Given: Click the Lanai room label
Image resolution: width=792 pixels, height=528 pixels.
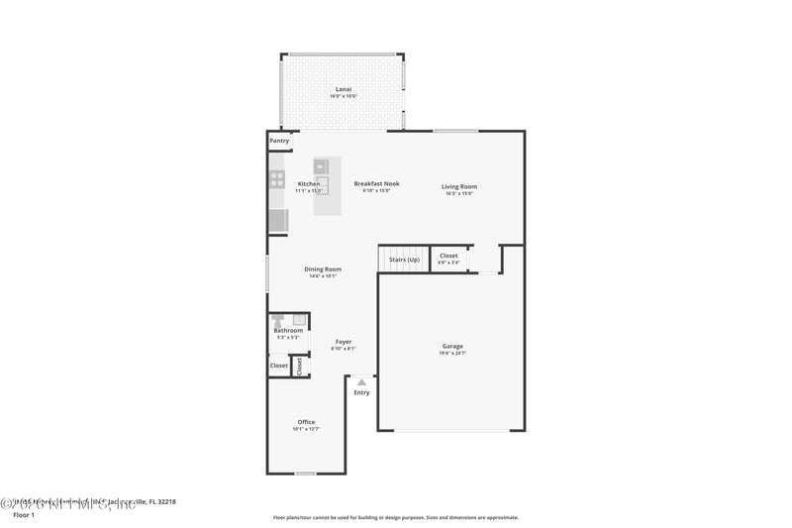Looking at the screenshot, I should tap(344, 90).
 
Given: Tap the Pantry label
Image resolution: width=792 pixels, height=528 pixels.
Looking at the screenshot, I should tap(279, 141).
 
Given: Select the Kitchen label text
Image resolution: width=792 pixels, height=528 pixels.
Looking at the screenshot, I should tap(309, 183).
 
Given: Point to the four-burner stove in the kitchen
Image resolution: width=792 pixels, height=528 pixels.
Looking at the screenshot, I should tap(277, 179).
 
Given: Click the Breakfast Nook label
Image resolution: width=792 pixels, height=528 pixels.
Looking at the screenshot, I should tap(376, 183).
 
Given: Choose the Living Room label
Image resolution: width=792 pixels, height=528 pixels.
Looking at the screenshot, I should tap(459, 186).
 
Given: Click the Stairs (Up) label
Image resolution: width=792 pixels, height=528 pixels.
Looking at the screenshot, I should tap(404, 260).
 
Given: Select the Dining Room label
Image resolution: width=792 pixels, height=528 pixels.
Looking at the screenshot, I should tap(322, 269).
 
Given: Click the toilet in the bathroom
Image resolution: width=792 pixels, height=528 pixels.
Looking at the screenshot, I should tap(277, 320).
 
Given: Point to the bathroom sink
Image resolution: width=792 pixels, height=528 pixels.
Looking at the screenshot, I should tap(299, 319).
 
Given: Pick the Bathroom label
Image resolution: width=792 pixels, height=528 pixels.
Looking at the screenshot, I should tap(288, 331).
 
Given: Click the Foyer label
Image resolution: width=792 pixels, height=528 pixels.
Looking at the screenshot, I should tap(343, 342).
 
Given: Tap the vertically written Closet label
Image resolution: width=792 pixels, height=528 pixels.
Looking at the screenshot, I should tap(299, 366).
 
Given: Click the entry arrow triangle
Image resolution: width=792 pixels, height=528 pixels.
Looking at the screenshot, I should tap(361, 381).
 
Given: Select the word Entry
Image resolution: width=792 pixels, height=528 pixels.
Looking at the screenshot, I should tap(361, 392).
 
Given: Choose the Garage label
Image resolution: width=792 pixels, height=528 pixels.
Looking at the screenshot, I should tap(451, 346).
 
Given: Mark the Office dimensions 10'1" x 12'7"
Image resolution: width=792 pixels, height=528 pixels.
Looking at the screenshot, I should tap(305, 429).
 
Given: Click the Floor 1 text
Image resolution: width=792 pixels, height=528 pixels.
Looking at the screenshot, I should tap(23, 515).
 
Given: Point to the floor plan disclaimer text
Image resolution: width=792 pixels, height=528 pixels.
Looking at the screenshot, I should tap(395, 517).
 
